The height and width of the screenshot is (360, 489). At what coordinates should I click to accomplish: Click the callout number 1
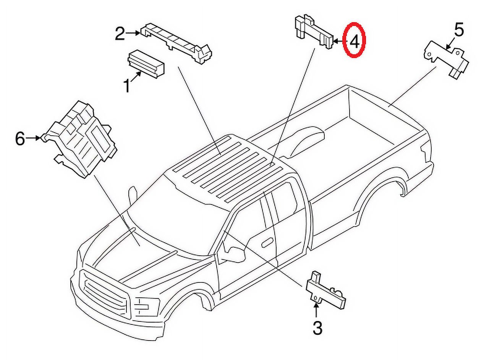[x=126, y=86]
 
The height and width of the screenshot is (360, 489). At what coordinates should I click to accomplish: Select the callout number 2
[x=120, y=34]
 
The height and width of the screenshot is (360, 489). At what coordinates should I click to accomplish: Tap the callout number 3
[x=317, y=328]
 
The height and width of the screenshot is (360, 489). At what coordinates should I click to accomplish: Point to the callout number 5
[x=458, y=30]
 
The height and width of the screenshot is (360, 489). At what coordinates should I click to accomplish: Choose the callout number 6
[x=20, y=138]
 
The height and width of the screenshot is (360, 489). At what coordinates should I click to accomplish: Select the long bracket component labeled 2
[x=176, y=42]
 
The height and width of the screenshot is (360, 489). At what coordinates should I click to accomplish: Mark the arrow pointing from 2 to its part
[x=134, y=34]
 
